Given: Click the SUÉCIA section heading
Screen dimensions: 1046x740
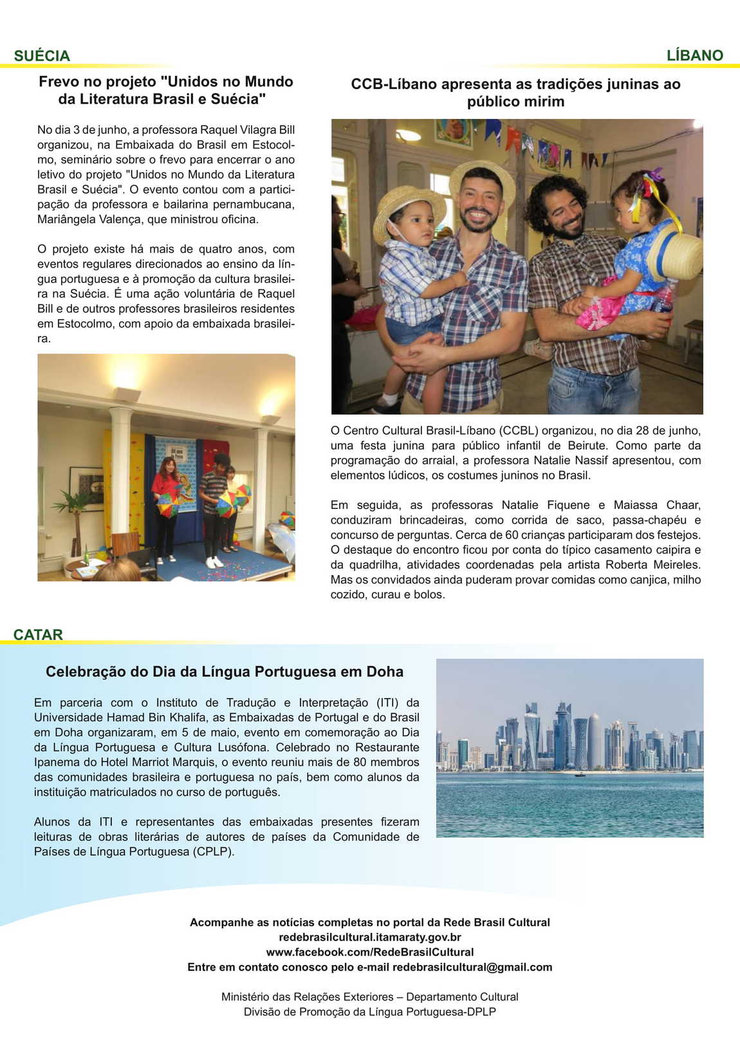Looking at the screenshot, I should pos(42,56).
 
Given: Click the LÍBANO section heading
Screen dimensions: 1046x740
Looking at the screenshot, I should pos(694,56).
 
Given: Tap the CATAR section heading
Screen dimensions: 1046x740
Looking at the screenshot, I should pos(38,635).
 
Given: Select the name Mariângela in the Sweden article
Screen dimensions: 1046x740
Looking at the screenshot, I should pos(66,219).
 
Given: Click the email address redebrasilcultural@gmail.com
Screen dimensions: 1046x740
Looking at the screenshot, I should pos(472,968).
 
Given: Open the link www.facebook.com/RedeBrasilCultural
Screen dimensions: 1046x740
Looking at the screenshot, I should pos(370,952).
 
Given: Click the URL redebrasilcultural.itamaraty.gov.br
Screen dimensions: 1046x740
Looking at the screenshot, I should pos(370,937).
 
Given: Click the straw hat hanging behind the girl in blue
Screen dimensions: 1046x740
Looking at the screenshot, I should pos(677,255).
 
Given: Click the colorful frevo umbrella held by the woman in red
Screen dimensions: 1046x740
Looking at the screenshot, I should pos(168,505).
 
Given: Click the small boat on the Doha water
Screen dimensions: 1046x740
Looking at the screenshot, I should pos(580,775).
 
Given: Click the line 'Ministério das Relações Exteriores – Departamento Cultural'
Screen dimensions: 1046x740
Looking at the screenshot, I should pos(370,997).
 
